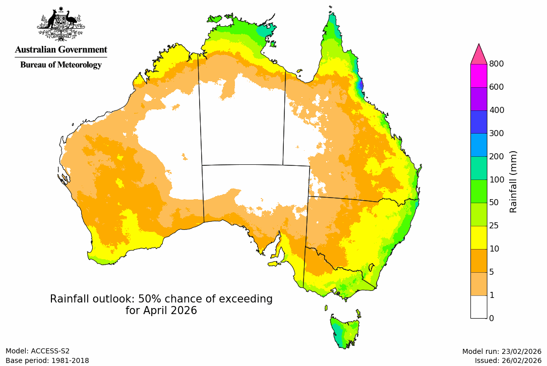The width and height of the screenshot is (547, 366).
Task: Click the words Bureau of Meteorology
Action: point(61,65)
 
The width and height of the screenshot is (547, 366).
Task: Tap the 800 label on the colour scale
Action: point(497,64)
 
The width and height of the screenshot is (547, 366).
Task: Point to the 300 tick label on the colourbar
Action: point(497,133)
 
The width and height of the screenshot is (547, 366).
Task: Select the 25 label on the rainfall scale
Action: point(494,225)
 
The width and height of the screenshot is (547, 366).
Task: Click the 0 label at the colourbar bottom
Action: point(492,318)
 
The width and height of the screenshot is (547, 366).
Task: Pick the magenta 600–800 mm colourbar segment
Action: point(478,75)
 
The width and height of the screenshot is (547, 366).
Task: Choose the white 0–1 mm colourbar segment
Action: point(478,307)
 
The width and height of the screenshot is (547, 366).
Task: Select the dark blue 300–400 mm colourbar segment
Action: point(478,121)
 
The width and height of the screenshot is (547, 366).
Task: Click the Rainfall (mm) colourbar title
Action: point(514,181)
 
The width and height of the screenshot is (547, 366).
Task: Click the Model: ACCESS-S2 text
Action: point(38,351)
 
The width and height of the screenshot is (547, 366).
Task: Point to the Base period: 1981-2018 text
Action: point(47,360)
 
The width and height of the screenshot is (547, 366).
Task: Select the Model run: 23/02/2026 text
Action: point(501,351)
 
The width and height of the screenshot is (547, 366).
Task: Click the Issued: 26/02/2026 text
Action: point(508,360)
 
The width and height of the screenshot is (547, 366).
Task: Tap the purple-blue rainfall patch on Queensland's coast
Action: point(360,85)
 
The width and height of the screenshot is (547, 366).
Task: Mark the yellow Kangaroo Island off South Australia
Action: point(274,263)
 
